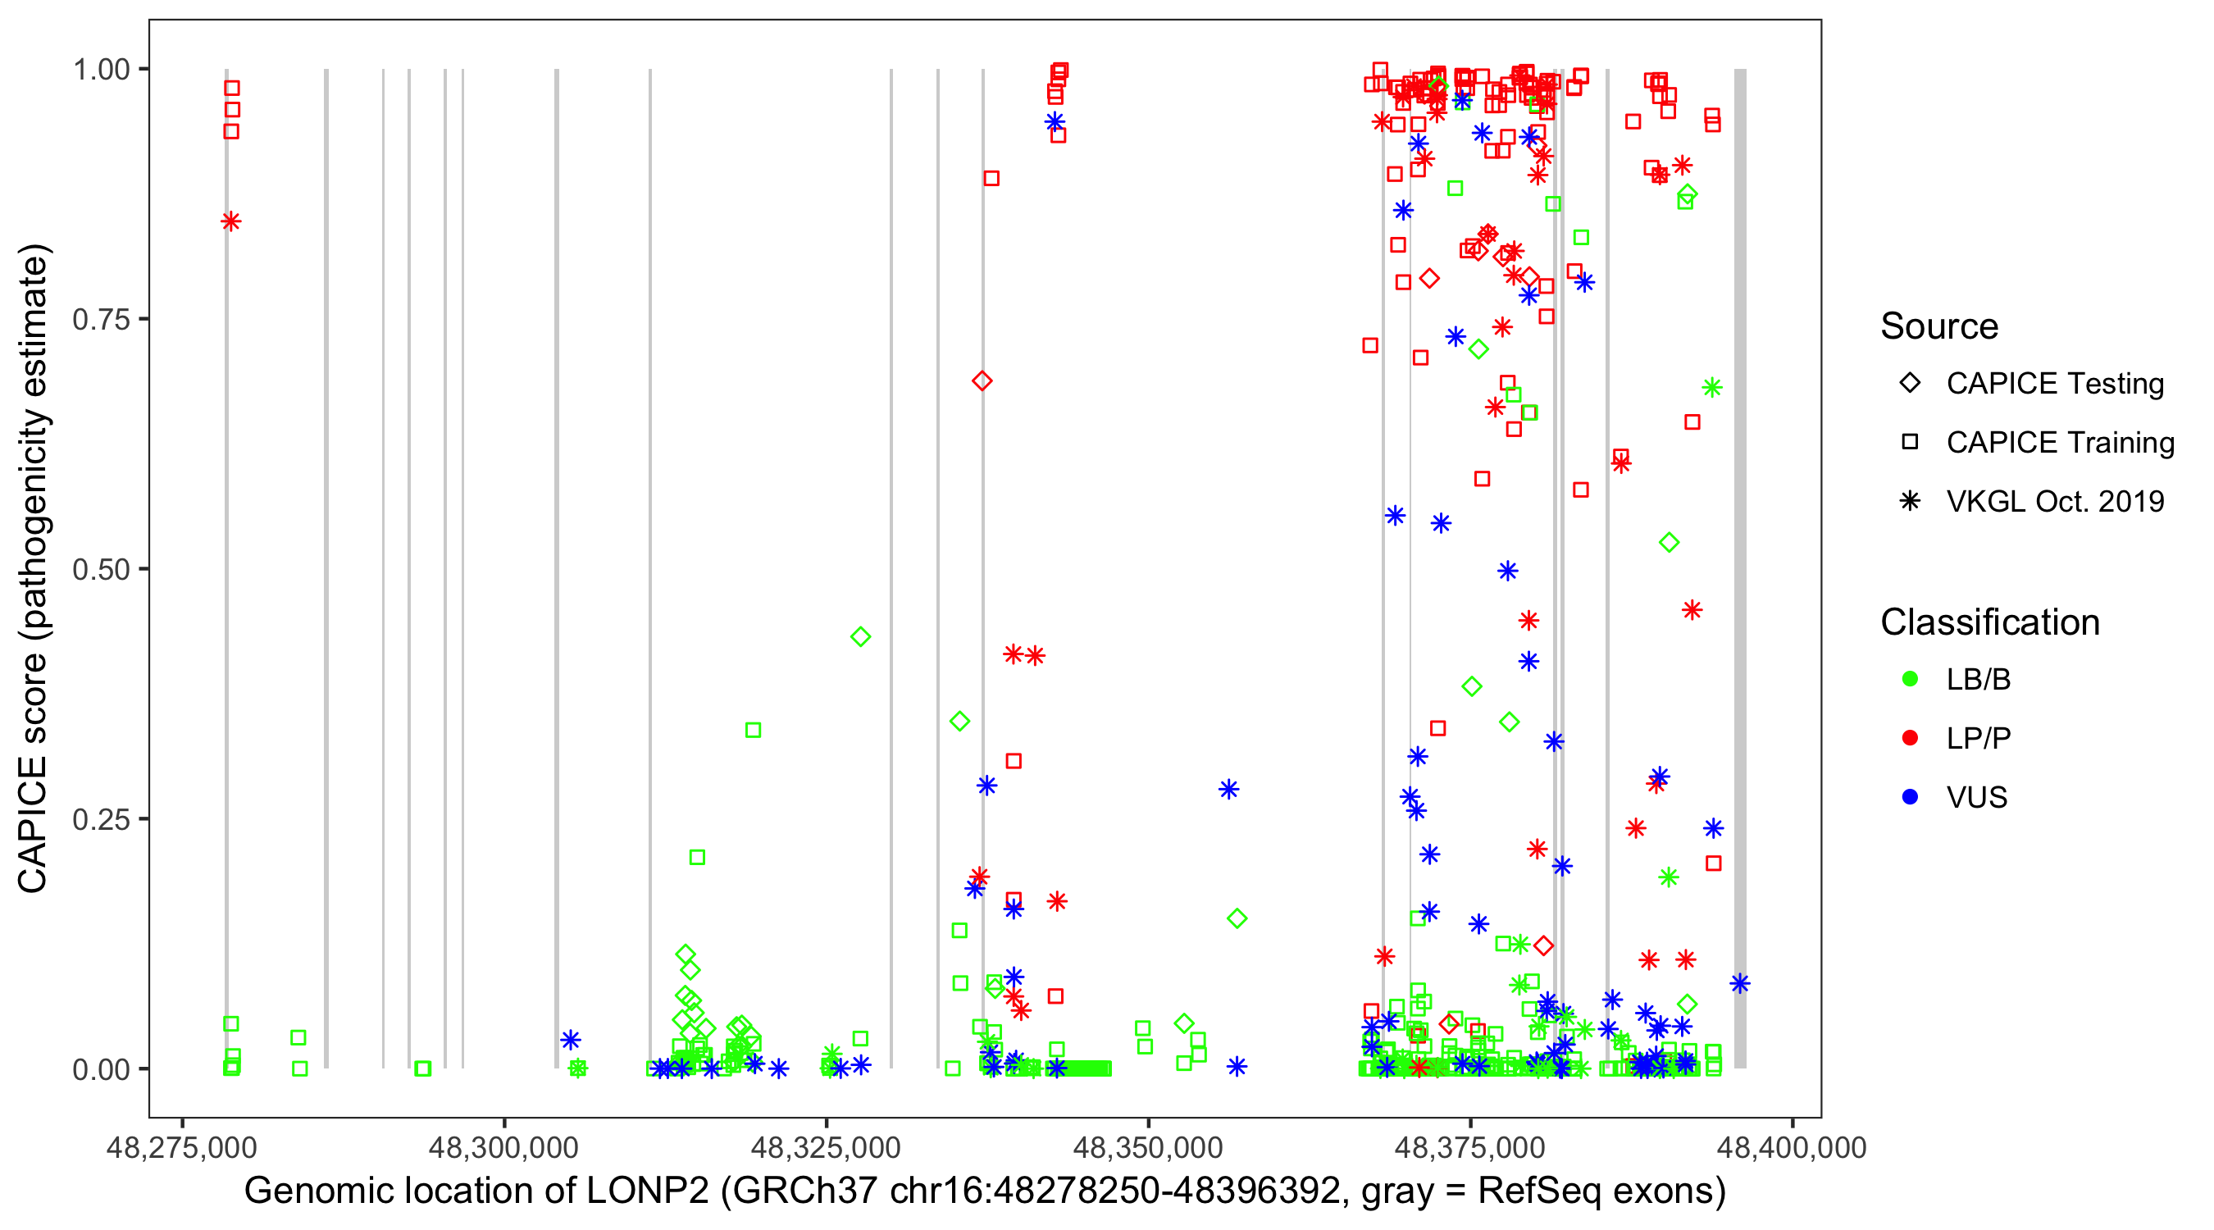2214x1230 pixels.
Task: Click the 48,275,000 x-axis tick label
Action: (x=181, y=1146)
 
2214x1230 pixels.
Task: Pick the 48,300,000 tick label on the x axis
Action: (x=503, y=1146)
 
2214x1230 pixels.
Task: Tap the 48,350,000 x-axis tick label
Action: (x=1148, y=1146)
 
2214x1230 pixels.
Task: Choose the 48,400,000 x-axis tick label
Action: (x=1792, y=1146)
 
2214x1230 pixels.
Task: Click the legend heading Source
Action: (x=1939, y=326)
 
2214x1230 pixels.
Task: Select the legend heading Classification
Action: (x=1989, y=622)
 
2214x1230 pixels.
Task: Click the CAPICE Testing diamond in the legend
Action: (x=1910, y=384)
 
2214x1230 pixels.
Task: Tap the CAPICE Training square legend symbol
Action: (x=1910, y=443)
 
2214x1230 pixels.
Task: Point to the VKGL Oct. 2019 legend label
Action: (x=2055, y=501)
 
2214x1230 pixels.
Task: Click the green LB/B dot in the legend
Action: (x=1910, y=679)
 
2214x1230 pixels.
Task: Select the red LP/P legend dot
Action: (x=1910, y=738)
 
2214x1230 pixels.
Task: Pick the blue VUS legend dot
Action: (x=1910, y=797)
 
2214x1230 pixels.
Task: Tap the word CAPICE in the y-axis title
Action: (x=33, y=825)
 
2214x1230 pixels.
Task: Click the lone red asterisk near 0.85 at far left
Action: (x=230, y=221)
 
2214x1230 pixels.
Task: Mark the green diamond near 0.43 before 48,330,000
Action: (x=860, y=637)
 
